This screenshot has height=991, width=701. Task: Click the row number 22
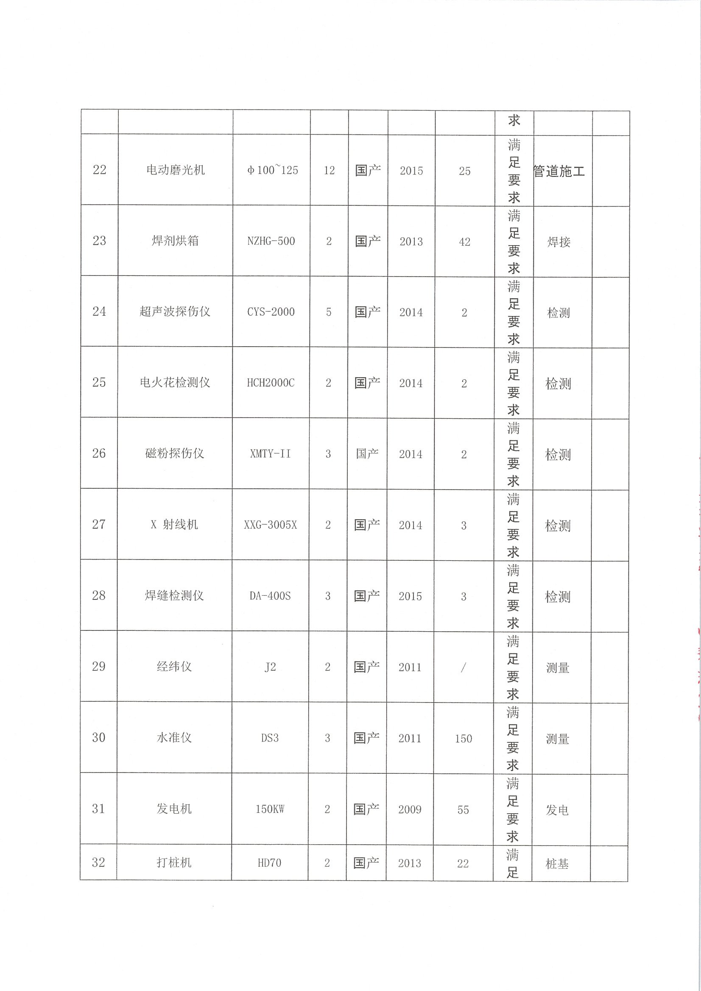[99, 170]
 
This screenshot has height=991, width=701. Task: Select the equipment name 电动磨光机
[175, 170]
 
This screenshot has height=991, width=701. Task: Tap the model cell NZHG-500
[271, 241]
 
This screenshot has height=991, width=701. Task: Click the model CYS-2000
[271, 312]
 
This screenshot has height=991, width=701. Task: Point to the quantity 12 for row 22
[329, 171]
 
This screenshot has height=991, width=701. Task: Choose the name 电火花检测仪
[175, 383]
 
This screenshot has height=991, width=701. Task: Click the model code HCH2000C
[271, 383]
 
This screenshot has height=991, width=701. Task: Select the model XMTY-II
[270, 454]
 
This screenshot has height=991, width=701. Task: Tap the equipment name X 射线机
[174, 525]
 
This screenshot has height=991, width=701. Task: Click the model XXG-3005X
[270, 525]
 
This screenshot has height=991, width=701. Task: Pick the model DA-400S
[270, 596]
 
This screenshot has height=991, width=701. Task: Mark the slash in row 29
[463, 667]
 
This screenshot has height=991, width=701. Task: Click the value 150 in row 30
[463, 739]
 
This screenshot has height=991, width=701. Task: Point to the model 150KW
[270, 809]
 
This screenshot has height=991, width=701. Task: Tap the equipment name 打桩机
[173, 863]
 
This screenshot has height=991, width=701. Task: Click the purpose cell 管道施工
[559, 171]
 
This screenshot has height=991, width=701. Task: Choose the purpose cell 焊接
[559, 242]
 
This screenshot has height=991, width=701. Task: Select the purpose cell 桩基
[557, 864]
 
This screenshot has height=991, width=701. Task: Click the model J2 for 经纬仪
[270, 667]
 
